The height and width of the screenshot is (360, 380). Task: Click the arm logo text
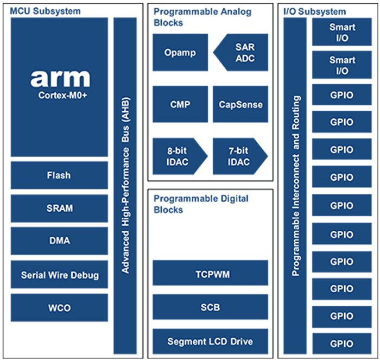click(x=60, y=78)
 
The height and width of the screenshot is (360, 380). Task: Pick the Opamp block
click(x=180, y=53)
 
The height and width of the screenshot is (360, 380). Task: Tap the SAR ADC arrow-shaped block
click(x=243, y=53)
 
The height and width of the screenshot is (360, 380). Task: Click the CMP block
click(x=180, y=104)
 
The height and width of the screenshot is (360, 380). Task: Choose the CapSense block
click(x=240, y=104)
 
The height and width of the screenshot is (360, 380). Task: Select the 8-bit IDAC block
click(x=178, y=156)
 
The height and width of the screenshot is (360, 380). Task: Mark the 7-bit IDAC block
click(x=238, y=156)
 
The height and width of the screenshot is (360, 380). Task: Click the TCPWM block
click(x=210, y=274)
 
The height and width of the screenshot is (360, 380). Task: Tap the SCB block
click(x=210, y=308)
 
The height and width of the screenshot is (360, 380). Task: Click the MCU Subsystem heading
click(x=46, y=11)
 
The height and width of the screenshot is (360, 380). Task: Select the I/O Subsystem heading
click(x=314, y=11)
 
